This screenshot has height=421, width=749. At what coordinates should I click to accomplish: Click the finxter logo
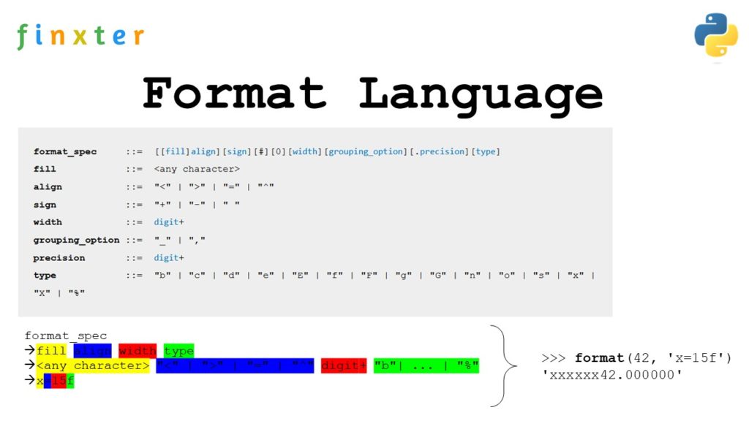coord(80,36)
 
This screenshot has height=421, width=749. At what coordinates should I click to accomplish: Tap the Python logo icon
coord(715,34)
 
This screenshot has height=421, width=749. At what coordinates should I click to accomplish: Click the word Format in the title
coord(234,93)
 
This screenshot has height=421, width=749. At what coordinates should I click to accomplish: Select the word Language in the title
coord(481,93)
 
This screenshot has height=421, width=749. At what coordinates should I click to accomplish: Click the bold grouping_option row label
coord(76,240)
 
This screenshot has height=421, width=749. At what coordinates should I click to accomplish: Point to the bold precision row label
coord(59,257)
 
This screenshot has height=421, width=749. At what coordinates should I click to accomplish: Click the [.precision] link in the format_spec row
coord(437,151)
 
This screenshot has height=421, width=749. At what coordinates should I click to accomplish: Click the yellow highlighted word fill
coord(51,351)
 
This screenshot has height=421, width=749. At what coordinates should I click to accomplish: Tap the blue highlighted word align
coord(92,351)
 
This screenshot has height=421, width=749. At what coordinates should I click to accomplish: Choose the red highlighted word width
coord(138,351)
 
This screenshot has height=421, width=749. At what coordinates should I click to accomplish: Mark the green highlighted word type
coord(178,351)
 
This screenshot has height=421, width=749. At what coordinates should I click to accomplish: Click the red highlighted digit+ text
coord(344,365)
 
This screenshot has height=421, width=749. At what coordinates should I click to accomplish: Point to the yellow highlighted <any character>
coord(93,365)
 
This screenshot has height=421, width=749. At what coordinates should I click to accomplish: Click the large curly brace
coord(502,365)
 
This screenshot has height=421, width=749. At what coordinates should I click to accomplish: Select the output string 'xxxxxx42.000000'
coord(606,375)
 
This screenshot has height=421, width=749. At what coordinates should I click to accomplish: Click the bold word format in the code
coord(598,357)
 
